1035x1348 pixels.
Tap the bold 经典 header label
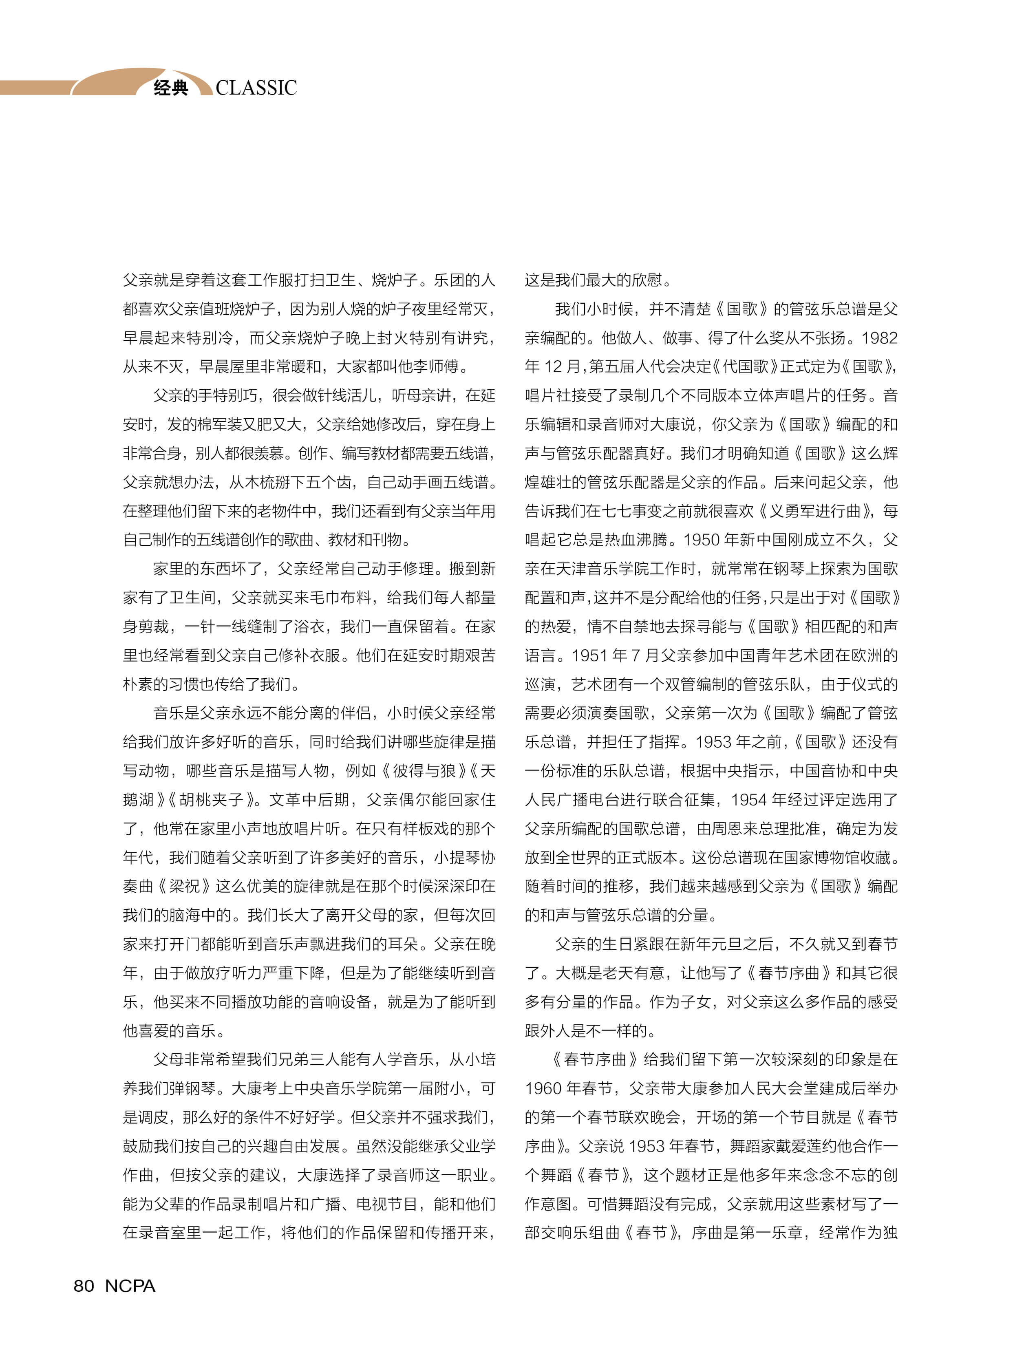coord(171,88)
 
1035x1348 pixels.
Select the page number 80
coord(84,1286)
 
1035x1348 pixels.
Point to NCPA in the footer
coord(130,1286)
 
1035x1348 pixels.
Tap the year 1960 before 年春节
coord(543,1089)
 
